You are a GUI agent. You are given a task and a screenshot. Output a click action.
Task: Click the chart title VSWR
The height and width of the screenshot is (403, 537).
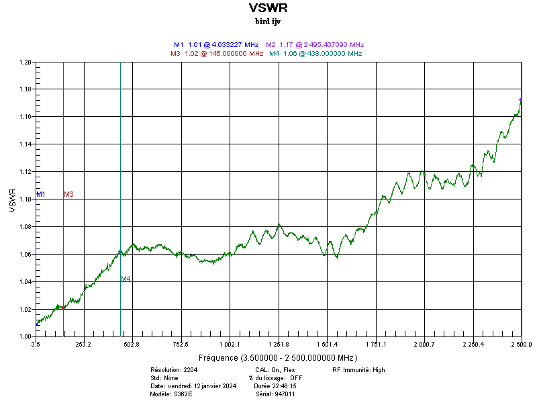point(268,8)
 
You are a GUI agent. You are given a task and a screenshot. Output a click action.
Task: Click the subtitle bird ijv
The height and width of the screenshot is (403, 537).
point(268,21)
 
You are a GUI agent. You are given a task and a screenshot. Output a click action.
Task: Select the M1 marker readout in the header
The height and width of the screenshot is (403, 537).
point(216,44)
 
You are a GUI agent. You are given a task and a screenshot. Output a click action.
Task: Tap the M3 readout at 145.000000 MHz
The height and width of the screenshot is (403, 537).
point(217,53)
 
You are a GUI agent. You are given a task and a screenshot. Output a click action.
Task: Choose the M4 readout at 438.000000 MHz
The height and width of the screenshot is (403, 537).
point(315,53)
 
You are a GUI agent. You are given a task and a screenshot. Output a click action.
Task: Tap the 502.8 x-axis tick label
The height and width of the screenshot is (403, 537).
point(132,345)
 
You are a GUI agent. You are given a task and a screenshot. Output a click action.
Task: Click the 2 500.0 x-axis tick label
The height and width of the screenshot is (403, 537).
point(520,345)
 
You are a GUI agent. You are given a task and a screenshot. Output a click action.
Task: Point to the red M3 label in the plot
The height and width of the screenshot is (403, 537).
point(68,194)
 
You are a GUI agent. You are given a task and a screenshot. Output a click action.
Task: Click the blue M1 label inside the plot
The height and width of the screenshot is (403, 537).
point(41,194)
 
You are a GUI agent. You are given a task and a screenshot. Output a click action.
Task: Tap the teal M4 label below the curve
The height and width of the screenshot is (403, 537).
point(126,279)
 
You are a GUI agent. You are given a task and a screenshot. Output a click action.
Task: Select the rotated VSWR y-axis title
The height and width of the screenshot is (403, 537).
point(13,200)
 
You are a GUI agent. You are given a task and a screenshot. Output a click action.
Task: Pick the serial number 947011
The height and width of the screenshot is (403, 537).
point(285,394)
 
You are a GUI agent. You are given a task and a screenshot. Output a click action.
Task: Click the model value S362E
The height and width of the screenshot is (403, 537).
point(183,394)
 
